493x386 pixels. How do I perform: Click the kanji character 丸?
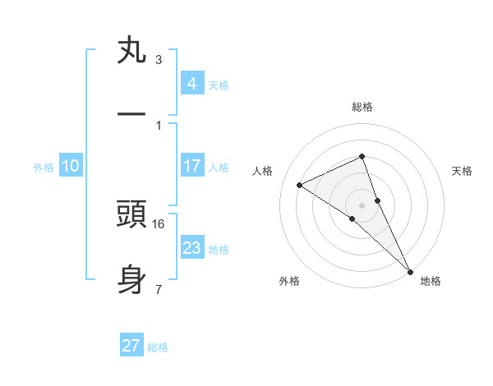[x=131, y=52]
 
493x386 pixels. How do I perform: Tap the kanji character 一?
[x=131, y=115]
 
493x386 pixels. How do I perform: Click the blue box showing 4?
[x=191, y=83]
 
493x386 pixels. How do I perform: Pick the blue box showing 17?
[x=191, y=166]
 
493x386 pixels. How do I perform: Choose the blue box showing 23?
[x=191, y=248]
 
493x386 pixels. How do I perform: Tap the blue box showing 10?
[x=71, y=166]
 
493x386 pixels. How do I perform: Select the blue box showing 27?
[x=131, y=346]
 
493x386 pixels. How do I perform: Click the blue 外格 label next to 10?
[x=44, y=168]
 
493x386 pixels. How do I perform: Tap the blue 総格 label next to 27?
[x=158, y=347]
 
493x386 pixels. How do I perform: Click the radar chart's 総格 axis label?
[x=362, y=107]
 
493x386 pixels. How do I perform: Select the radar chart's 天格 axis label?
[x=462, y=171]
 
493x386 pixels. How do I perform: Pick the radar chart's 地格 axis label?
[x=431, y=281]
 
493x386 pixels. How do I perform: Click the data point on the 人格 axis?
[x=300, y=185]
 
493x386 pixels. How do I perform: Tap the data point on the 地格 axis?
[x=410, y=271]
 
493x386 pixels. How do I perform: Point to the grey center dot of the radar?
[x=362, y=204]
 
